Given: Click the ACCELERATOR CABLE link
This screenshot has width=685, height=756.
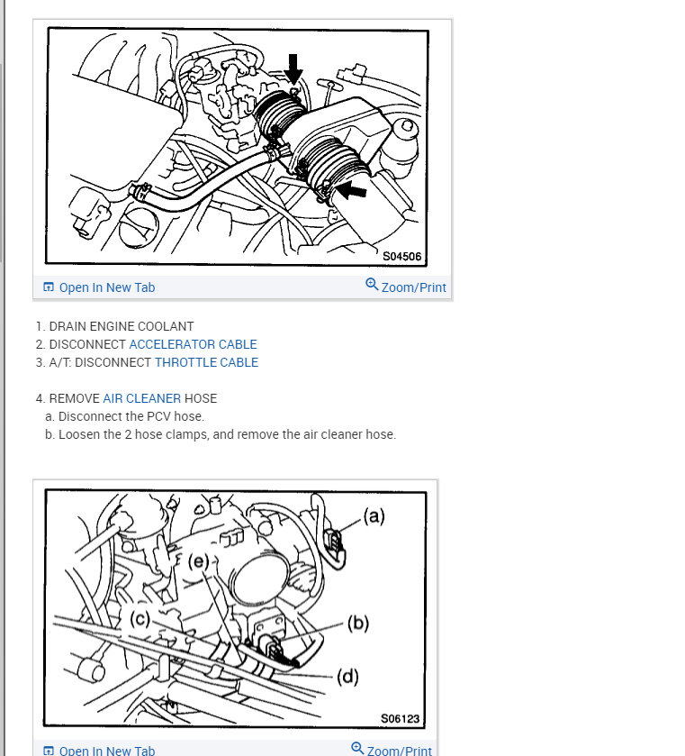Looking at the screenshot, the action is [x=193, y=344].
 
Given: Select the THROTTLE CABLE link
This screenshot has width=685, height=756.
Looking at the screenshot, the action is [x=206, y=362].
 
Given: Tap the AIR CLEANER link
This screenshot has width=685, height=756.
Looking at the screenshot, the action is [x=142, y=398].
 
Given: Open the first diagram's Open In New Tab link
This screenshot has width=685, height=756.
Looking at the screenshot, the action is [x=99, y=287].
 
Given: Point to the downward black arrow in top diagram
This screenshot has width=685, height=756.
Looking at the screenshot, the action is [x=293, y=68].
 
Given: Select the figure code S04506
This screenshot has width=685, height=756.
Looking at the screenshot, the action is [x=401, y=256].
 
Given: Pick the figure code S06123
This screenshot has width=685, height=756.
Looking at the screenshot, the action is [x=401, y=718].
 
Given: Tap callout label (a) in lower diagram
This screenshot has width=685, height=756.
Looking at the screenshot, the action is [x=374, y=516].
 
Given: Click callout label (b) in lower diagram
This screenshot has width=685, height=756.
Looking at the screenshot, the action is [x=358, y=623].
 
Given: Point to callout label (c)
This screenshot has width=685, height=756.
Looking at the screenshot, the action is [x=140, y=619].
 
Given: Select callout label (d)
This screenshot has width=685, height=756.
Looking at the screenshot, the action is [x=347, y=677].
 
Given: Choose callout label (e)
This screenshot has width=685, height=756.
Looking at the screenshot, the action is [x=198, y=561].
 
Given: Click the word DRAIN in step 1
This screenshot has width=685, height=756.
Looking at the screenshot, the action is [x=68, y=326].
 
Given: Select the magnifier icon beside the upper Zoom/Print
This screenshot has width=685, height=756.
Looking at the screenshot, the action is [x=372, y=285].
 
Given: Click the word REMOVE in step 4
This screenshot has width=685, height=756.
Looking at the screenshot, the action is [x=74, y=398].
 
